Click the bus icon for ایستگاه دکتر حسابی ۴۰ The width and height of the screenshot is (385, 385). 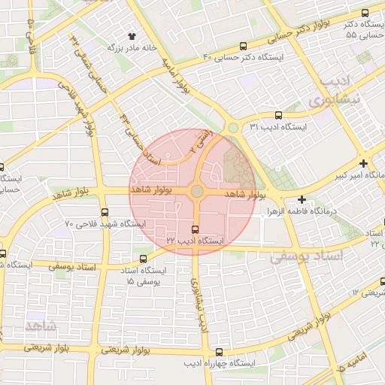coord(242,46)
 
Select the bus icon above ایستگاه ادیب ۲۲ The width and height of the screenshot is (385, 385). coord(196,229)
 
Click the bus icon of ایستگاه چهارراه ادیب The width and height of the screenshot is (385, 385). coord(219,352)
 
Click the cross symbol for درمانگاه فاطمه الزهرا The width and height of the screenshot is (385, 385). coord(302,200)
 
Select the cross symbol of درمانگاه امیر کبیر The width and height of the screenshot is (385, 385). coord(363,163)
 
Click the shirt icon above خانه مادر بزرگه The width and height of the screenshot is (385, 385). coord(133,35)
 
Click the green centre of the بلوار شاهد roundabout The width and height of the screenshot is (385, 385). coord(196,192)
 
